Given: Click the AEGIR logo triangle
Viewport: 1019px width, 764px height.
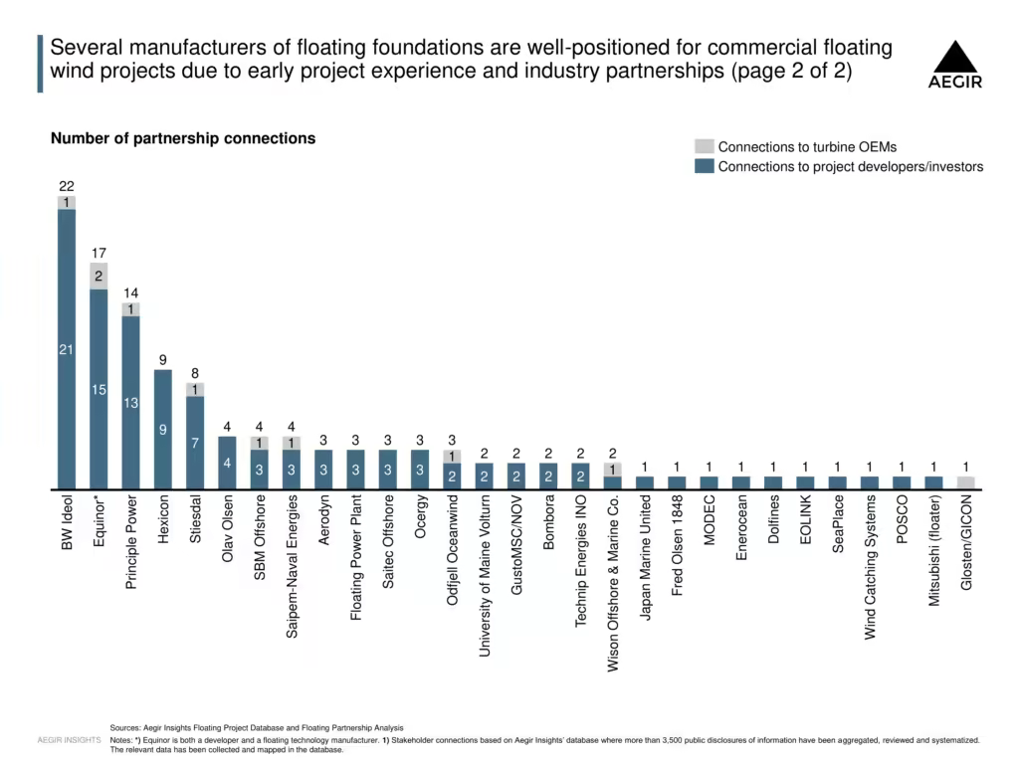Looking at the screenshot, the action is [x=954, y=57].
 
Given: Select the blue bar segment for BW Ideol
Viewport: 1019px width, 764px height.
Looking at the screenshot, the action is [x=67, y=349].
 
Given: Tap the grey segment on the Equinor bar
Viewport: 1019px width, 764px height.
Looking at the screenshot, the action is [x=99, y=277].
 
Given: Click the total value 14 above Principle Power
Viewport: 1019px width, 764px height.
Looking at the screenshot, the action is [x=130, y=293].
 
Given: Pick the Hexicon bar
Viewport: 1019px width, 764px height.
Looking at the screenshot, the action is [x=163, y=429].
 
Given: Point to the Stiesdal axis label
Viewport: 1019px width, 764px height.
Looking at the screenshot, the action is [x=195, y=519].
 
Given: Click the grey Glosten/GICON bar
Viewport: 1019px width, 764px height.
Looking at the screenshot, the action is [x=965, y=482].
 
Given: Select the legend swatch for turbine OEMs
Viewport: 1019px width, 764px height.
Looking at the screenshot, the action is [x=705, y=146].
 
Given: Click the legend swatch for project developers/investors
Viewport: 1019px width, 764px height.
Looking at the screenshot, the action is [x=705, y=166].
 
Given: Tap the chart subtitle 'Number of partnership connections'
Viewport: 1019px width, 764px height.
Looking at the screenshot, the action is [x=183, y=138].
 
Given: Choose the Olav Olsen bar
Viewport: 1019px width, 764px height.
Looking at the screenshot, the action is [x=227, y=462].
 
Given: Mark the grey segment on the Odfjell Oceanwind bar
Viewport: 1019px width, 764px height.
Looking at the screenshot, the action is [x=452, y=456].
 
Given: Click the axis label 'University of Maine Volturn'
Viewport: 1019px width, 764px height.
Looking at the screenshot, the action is [x=485, y=576].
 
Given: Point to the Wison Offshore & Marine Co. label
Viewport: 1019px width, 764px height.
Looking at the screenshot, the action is [x=613, y=583].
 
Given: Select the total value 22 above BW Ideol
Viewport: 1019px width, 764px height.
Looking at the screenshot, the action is [x=67, y=186].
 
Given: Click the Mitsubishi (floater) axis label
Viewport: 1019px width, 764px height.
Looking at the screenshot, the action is [x=933, y=551].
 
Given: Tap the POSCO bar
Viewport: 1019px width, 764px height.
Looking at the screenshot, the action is [x=902, y=482].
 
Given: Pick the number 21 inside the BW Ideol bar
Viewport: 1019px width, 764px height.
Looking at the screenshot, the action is [x=67, y=349].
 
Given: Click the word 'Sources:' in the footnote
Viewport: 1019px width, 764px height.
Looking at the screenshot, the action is [x=124, y=727].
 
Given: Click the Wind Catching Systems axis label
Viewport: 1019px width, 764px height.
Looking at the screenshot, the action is [x=870, y=567].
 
